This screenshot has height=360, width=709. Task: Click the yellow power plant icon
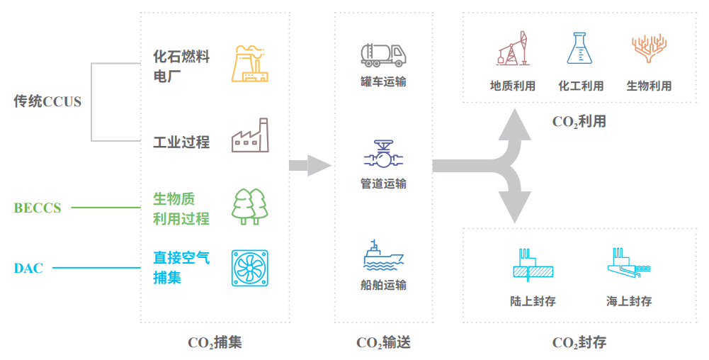tap(251, 64)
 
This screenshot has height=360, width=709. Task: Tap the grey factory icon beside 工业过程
tap(250, 136)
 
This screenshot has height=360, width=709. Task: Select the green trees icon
tap(250, 206)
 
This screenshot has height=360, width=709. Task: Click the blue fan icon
tap(250, 268)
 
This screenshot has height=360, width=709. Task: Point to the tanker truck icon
tap(382, 55)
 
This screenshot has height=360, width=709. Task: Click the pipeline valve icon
tap(383, 154)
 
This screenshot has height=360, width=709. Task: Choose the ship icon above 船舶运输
tap(383, 256)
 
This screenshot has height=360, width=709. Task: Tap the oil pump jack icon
tap(513, 50)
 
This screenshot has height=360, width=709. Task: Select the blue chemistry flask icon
tap(580, 50)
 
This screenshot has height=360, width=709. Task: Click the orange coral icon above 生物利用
tap(648, 50)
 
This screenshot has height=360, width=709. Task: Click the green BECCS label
tap(38, 208)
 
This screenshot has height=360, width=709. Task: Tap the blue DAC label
tap(28, 268)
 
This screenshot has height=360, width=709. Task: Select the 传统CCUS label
tap(47, 101)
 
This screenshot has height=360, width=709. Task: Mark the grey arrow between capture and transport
tap(310, 166)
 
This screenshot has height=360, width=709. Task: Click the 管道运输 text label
tap(383, 184)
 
